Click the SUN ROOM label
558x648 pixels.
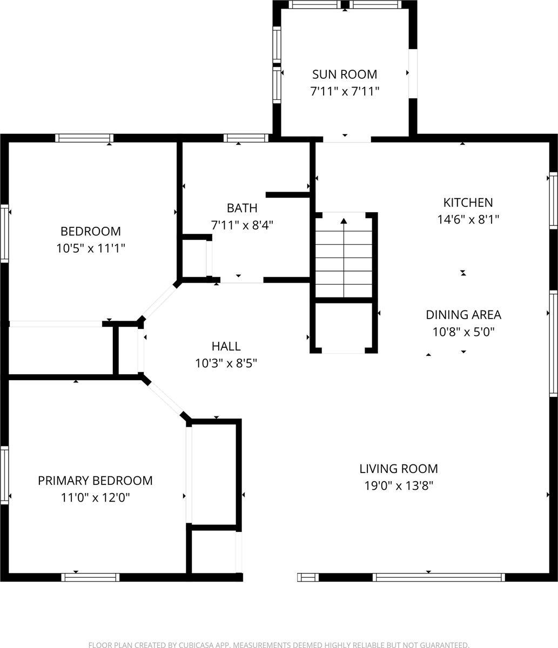pyautogui.click(x=345, y=74)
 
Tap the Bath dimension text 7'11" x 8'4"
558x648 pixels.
pyautogui.click(x=242, y=225)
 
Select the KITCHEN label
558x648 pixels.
pyautogui.click(x=468, y=202)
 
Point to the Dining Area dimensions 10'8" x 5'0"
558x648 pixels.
pyautogui.click(x=463, y=332)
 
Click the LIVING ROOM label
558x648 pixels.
pyautogui.click(x=399, y=469)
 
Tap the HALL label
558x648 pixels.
pyautogui.click(x=226, y=346)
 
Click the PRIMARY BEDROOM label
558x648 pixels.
pyautogui.click(x=95, y=481)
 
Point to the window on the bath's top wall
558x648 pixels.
pyautogui.click(x=246, y=138)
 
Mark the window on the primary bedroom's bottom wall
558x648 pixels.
pyautogui.click(x=90, y=577)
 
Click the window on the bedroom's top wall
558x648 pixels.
pyautogui.click(x=84, y=138)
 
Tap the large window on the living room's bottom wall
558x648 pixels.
pyautogui.click(x=439, y=577)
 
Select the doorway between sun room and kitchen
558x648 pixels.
pyautogui.click(x=344, y=139)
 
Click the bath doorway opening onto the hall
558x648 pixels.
pyautogui.click(x=241, y=280)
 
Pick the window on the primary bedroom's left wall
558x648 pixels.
pyautogui.click(x=4, y=475)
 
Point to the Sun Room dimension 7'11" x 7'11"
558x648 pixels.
pyautogui.click(x=345, y=91)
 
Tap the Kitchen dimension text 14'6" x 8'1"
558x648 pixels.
pyautogui.click(x=468, y=220)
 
